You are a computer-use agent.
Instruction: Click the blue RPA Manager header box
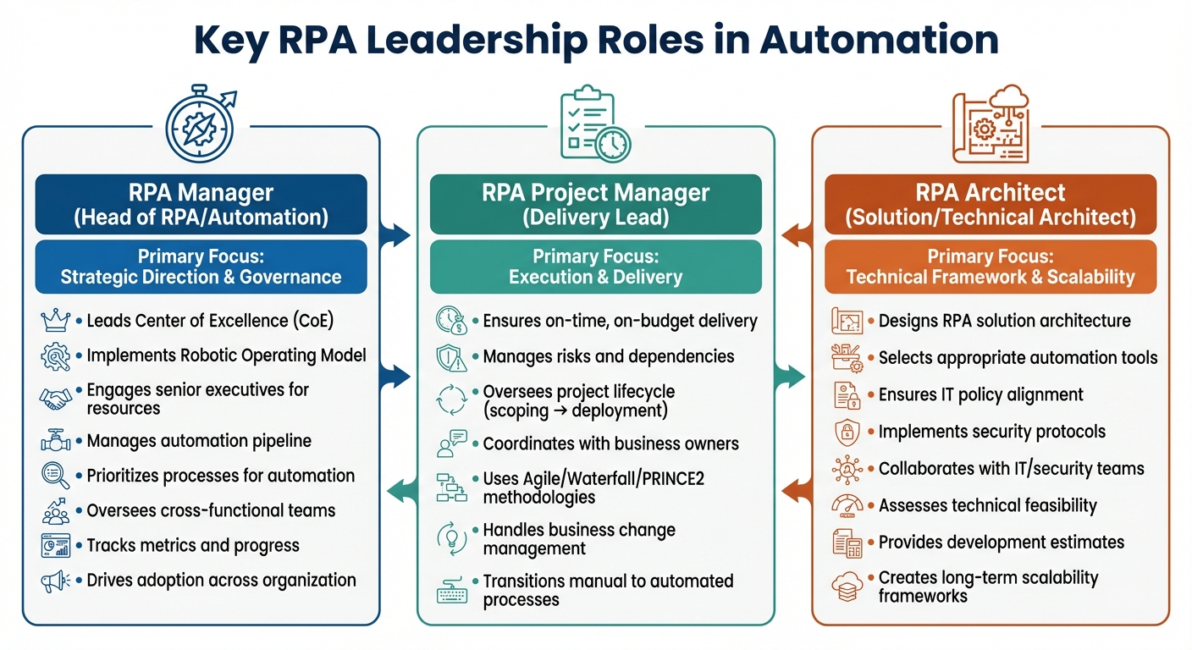click(x=201, y=204)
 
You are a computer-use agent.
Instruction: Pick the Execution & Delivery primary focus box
click(x=595, y=267)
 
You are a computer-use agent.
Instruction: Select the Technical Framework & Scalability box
click(x=991, y=267)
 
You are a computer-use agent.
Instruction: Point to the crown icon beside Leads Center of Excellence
click(x=56, y=321)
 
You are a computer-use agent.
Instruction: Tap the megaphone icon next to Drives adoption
click(x=56, y=581)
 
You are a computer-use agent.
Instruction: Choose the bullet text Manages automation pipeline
click(x=199, y=441)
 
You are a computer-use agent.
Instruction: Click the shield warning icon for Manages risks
click(x=451, y=357)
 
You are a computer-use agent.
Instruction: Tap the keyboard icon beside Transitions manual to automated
click(x=451, y=591)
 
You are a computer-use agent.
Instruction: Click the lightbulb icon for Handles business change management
click(x=451, y=539)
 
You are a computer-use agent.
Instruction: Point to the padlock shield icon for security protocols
click(x=847, y=432)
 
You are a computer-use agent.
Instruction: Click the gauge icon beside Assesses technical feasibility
click(x=847, y=505)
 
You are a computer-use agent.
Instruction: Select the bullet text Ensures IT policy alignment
click(x=980, y=394)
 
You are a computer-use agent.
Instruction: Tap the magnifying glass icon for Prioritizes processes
click(x=56, y=476)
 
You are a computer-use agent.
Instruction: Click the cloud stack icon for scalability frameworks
click(x=847, y=587)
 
